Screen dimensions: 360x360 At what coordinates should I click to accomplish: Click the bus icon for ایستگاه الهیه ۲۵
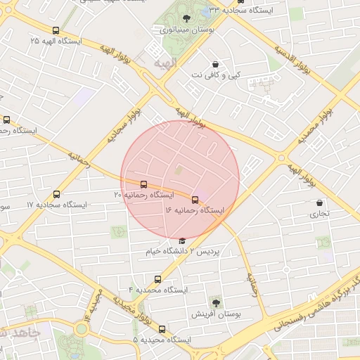[56, 30]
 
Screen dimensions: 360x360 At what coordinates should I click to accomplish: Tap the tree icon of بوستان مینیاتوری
[185, 19]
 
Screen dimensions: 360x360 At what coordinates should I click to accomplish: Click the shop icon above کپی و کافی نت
[214, 64]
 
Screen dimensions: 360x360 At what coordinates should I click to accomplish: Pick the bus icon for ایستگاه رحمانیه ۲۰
[144, 184]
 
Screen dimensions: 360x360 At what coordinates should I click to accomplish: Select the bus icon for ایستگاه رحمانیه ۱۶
[195, 200]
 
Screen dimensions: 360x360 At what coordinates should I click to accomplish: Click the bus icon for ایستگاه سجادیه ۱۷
[57, 194]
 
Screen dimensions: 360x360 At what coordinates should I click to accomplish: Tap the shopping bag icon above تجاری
[320, 202]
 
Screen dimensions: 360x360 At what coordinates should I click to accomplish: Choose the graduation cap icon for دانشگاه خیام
[182, 241]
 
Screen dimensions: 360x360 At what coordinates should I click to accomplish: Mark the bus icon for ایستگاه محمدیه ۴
[157, 279]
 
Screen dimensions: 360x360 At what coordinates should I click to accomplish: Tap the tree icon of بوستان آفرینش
[216, 303]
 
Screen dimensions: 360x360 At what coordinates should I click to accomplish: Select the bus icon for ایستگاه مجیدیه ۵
[162, 329]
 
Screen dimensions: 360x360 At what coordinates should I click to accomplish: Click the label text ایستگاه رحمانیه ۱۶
[195, 210]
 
